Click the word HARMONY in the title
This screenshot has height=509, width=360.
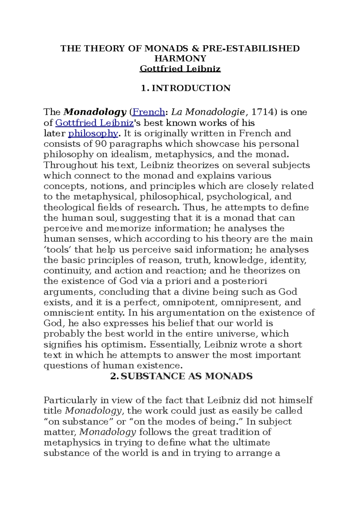click(x=180, y=58)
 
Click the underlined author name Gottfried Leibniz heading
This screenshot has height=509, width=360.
click(x=180, y=69)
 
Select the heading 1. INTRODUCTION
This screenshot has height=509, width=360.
click(x=186, y=88)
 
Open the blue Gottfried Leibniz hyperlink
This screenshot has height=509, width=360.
click(x=94, y=123)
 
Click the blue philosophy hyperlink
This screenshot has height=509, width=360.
click(x=93, y=133)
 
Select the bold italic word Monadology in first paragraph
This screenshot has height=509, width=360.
click(x=95, y=112)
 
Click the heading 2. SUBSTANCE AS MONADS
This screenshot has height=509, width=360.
click(x=181, y=376)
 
